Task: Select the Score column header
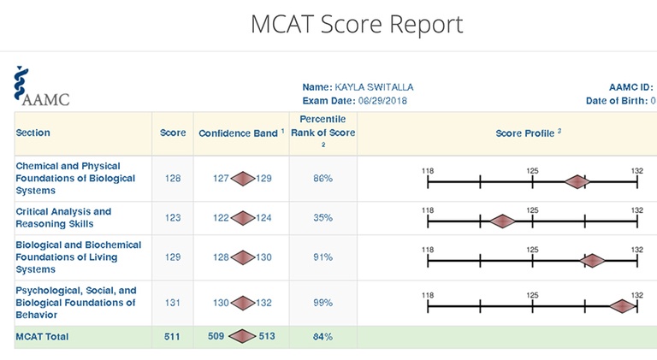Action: click(173, 133)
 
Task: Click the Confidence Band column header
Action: click(240, 133)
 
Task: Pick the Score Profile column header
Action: click(528, 133)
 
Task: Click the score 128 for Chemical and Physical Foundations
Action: click(173, 179)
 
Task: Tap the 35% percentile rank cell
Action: click(323, 218)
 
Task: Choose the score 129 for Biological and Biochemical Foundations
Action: click(173, 257)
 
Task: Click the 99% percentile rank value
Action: click(323, 303)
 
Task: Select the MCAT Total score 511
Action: click(173, 336)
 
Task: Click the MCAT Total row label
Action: click(42, 336)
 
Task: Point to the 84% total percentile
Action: click(323, 336)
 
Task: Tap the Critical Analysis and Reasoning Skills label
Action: click(63, 217)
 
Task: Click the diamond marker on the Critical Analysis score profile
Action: click(502, 221)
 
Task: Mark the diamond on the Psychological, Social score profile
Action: click(623, 305)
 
